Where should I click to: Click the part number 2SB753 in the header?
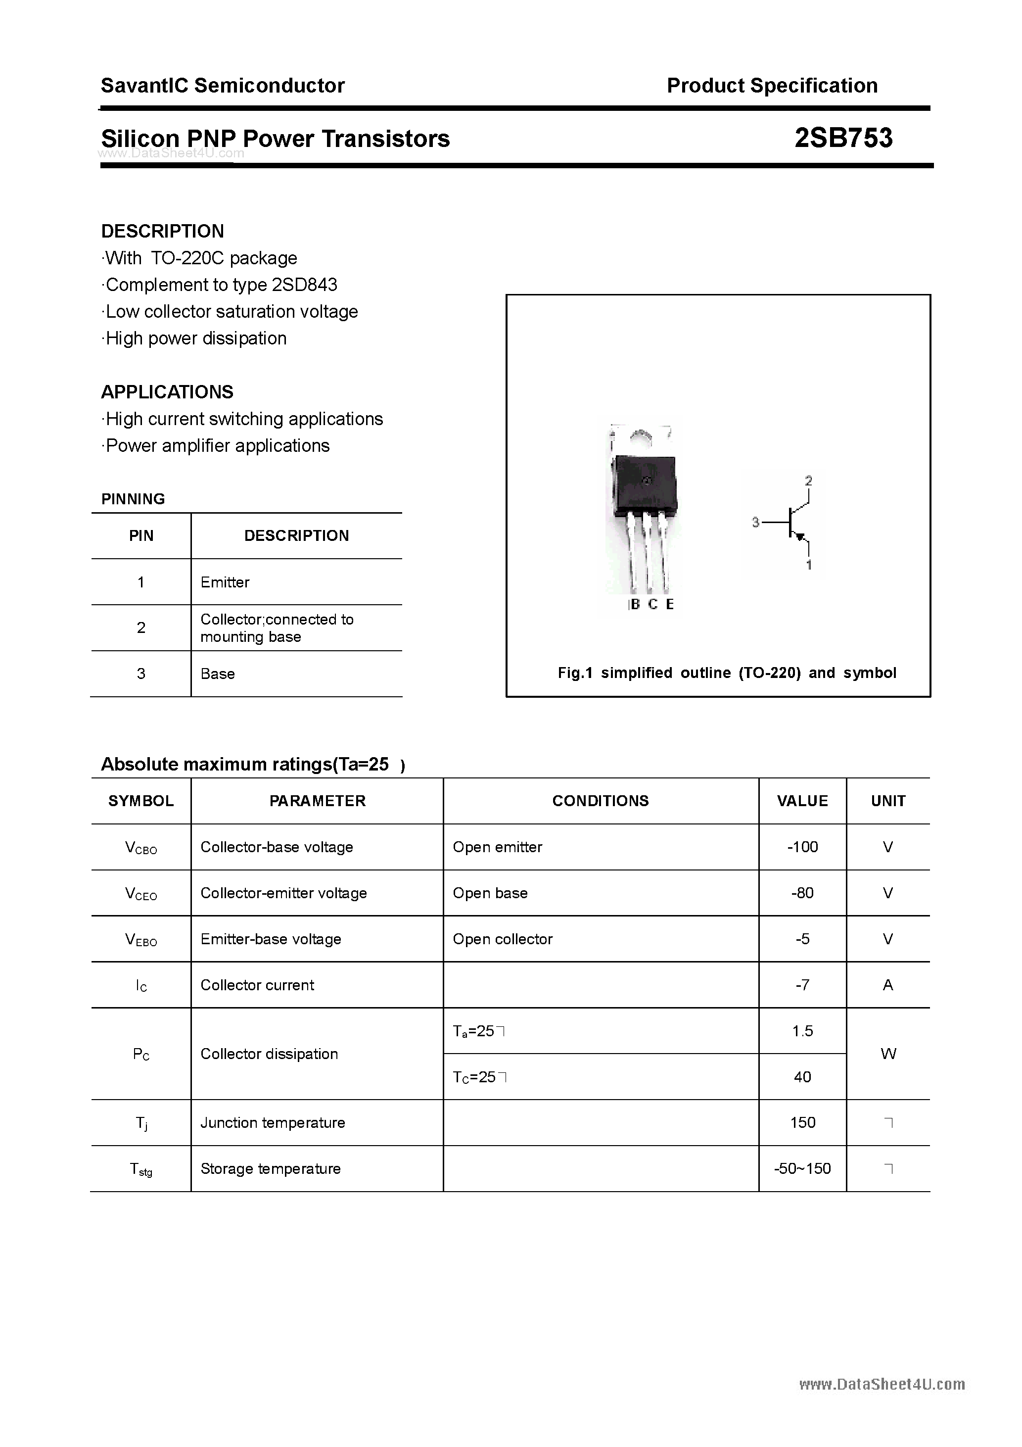pyautogui.click(x=843, y=138)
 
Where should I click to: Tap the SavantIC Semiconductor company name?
pyautogui.click(x=223, y=85)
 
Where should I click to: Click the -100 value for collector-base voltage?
pyautogui.click(x=802, y=847)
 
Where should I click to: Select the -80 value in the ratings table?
pyautogui.click(x=802, y=893)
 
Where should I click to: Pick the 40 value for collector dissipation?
pyautogui.click(x=802, y=1077)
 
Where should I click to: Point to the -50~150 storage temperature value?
pyautogui.click(x=802, y=1168)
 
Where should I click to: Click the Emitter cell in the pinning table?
pyautogui.click(x=225, y=582)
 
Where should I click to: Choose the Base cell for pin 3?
pyautogui.click(x=217, y=674)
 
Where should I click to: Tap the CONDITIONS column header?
pyautogui.click(x=600, y=801)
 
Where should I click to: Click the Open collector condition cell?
pyautogui.click(x=502, y=939)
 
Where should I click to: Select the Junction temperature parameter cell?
pyautogui.click(x=272, y=1122)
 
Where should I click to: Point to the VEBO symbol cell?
pyautogui.click(x=141, y=940)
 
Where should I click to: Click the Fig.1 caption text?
pyautogui.click(x=727, y=673)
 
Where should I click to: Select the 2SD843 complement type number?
pyautogui.click(x=304, y=285)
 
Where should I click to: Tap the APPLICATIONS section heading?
pyautogui.click(x=167, y=392)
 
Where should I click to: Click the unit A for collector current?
pyautogui.click(x=888, y=985)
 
